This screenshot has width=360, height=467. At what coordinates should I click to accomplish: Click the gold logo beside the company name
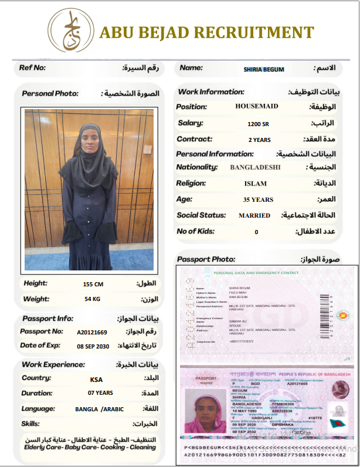tap(70, 31)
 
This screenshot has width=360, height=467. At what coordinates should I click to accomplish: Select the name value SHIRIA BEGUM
tap(264, 69)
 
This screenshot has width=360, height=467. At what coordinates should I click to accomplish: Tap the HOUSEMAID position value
tap(257, 106)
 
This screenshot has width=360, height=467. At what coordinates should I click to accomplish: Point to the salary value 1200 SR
tap(258, 124)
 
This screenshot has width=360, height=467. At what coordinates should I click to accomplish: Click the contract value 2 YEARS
tap(259, 140)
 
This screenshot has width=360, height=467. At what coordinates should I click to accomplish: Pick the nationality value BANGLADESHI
tap(256, 167)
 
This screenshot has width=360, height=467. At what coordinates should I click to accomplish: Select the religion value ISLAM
tap(255, 184)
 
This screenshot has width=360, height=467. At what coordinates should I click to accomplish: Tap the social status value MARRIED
tap(254, 215)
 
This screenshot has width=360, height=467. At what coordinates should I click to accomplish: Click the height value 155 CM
tap(93, 284)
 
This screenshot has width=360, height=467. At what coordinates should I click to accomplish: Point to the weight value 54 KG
tap(93, 299)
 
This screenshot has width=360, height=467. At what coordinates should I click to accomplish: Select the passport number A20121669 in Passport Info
tap(93, 332)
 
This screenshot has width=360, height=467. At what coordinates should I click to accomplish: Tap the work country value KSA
tap(96, 379)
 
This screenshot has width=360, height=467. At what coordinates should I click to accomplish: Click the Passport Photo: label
tap(206, 259)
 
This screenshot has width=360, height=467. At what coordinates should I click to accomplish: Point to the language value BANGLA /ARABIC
tap(100, 409)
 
